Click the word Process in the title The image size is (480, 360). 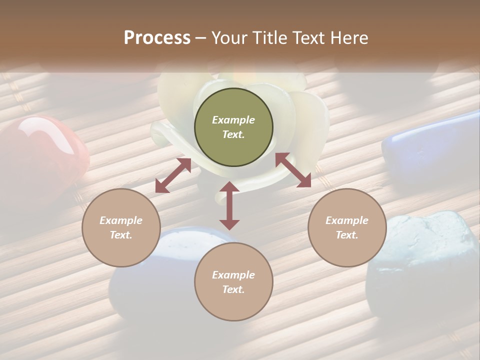[157, 38]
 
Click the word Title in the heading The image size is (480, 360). [268, 38]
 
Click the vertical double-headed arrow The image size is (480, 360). [229, 205]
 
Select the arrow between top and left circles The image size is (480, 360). [173, 175]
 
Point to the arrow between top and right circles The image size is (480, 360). [293, 170]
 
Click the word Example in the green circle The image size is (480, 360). [233, 120]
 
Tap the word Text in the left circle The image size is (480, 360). [121, 235]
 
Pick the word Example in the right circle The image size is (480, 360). [347, 220]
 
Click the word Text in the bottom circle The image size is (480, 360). [233, 289]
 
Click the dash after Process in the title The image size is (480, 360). [201, 38]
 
